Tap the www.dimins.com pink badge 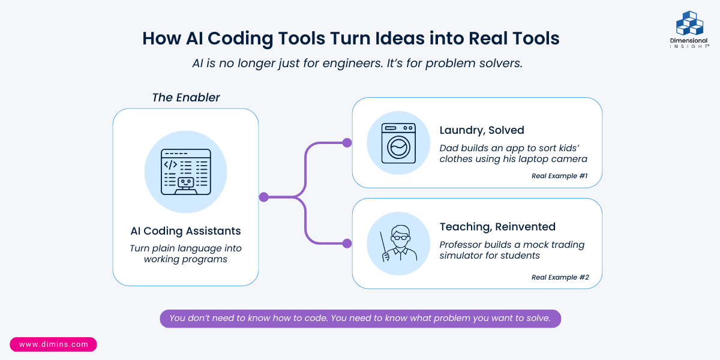[x=53, y=344]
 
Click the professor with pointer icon [x=399, y=244]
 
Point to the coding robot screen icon [x=185, y=172]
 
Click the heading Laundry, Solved [x=482, y=130]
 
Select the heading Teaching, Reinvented [x=497, y=227]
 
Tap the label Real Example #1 [x=559, y=176]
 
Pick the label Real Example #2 [x=560, y=277]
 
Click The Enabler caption [x=186, y=97]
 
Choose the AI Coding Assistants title [x=185, y=231]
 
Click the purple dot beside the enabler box [x=263, y=197]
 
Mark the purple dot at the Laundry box [x=347, y=143]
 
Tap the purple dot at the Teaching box [x=347, y=244]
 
